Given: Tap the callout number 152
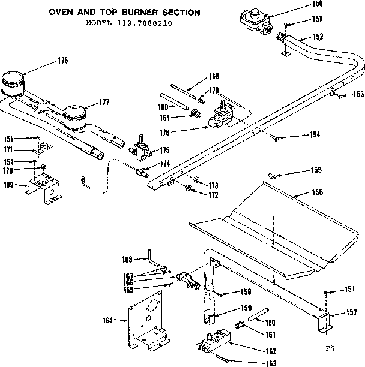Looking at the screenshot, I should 318,37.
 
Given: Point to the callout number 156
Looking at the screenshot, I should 318,192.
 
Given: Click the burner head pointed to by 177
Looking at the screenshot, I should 76,114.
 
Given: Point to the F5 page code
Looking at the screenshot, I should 330,348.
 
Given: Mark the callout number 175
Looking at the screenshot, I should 163,150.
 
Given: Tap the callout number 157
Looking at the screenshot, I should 354,312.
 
